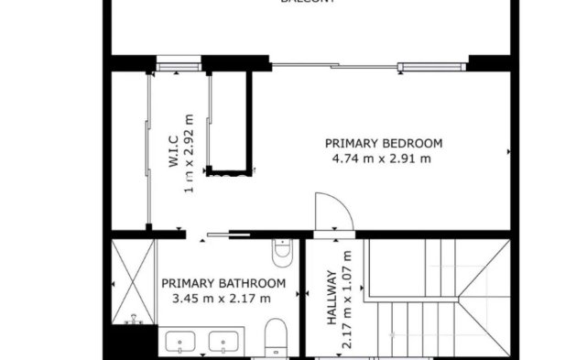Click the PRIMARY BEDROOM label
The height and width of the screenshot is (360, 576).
[384, 143]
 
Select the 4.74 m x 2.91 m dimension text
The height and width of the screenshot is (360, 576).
[384, 158]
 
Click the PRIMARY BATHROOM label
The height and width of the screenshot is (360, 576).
[223, 283]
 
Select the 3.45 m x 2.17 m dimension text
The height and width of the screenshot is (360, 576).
[222, 298]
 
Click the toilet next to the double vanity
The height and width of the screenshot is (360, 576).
[275, 337]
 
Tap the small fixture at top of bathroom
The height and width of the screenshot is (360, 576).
[281, 249]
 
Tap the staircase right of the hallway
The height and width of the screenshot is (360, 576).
[436, 298]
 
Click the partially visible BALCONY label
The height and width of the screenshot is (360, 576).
[307, 3]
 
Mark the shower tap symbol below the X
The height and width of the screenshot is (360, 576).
[135, 320]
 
